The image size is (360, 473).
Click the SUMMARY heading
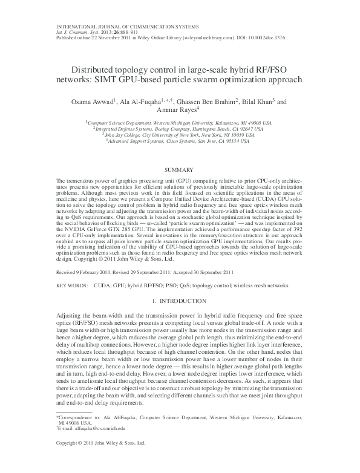click(x=180, y=171)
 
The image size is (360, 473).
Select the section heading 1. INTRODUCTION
click(x=180, y=301)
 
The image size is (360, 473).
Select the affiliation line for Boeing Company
click(x=180, y=129)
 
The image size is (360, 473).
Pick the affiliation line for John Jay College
click(x=180, y=135)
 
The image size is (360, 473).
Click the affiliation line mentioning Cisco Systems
click(x=180, y=142)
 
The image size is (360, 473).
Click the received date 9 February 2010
click(x=93, y=272)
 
